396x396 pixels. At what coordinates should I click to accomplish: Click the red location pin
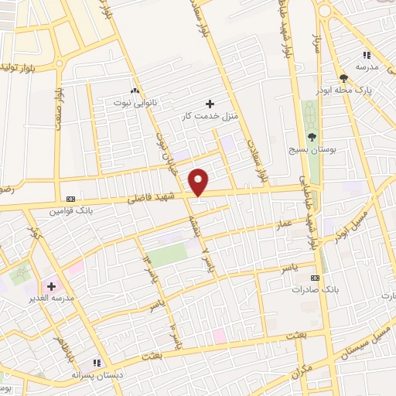(200, 181)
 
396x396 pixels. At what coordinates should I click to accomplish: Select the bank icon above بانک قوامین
(72, 198)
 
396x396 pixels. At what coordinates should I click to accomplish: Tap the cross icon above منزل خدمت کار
(210, 104)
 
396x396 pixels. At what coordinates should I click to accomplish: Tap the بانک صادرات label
(316, 290)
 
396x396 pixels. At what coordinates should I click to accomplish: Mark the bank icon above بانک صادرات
(315, 277)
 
